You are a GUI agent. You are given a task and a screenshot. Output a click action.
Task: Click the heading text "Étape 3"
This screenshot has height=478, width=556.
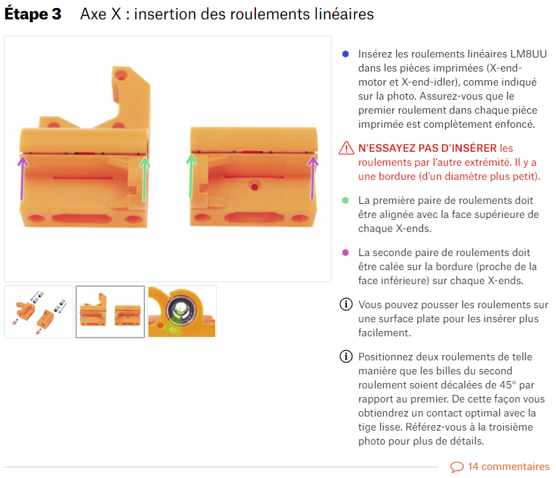click(x=33, y=14)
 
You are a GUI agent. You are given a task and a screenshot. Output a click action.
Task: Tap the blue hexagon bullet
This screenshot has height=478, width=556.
click(x=345, y=54)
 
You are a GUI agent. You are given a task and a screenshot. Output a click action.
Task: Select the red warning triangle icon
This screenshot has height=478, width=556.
click(x=346, y=148)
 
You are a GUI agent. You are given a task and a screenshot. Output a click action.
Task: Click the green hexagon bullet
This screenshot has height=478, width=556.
click(x=345, y=201)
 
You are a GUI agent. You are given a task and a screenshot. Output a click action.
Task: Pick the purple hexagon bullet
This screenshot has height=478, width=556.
click(x=345, y=253)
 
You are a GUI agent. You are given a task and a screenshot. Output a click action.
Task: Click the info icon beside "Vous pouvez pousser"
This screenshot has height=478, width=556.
click(x=346, y=304)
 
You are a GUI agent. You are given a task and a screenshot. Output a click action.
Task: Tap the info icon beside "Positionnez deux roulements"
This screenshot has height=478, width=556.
click(x=346, y=356)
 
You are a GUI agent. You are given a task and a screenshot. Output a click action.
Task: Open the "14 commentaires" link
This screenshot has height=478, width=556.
click(x=509, y=466)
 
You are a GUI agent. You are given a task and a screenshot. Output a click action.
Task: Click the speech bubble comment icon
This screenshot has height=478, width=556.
click(x=457, y=467)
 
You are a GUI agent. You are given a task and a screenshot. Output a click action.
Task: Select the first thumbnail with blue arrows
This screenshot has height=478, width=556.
click(x=39, y=312)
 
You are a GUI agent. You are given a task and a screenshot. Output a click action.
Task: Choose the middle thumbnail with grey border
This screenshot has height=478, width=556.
click(x=110, y=312)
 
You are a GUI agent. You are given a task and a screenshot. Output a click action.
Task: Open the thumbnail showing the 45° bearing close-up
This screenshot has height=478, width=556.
click(x=182, y=312)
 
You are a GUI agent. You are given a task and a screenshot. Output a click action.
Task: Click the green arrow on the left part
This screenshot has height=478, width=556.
click(x=144, y=179)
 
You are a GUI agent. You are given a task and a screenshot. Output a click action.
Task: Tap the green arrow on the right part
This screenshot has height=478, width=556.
click(x=191, y=176)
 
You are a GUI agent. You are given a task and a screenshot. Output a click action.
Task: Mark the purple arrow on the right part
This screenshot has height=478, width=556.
click(x=312, y=178)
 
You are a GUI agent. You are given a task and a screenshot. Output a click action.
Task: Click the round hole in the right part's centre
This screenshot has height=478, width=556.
click(x=254, y=186)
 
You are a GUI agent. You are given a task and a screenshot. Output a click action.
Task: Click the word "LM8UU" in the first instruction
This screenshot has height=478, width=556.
click(x=529, y=54)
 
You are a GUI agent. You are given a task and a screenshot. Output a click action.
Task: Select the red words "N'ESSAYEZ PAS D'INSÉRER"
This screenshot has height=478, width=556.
click(x=427, y=148)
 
